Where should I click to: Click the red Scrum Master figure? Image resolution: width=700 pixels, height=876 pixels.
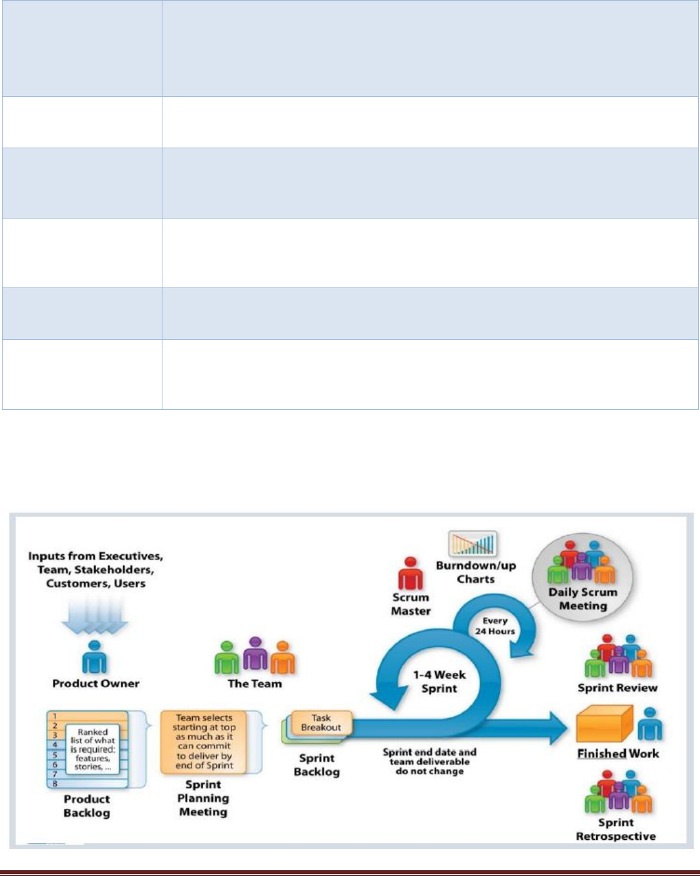coord(410,573)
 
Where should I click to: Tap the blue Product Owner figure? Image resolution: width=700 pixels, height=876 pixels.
coord(95,657)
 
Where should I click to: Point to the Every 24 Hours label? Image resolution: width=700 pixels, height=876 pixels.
coord(495,626)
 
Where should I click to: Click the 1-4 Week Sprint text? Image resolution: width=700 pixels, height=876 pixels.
coord(439,681)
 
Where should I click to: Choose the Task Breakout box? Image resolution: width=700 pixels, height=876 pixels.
coord(321,723)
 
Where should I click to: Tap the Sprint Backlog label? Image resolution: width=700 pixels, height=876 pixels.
coord(316,764)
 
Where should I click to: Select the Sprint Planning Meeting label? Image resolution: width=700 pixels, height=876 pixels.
coord(203,798)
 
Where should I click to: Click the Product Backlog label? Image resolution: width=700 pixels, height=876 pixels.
coord(86,806)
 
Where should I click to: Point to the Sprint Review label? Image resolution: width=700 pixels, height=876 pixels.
coord(617,688)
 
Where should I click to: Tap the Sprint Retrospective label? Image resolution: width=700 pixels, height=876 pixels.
coord(616,830)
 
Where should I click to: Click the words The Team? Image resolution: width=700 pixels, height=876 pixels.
coord(255,684)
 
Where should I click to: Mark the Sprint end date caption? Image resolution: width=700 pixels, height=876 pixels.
coord(429,761)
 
